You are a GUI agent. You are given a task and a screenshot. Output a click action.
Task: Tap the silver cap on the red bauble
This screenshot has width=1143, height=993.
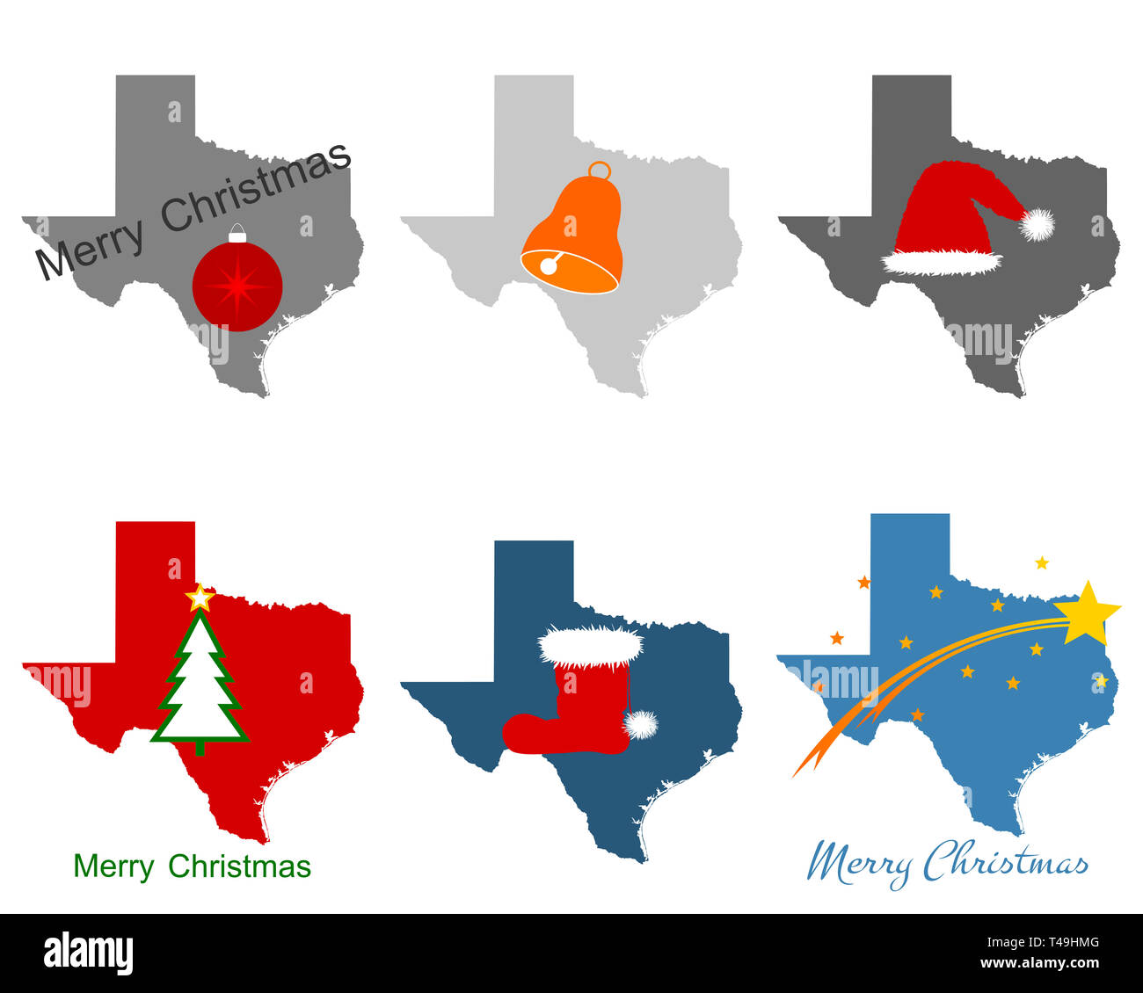click(x=237, y=235)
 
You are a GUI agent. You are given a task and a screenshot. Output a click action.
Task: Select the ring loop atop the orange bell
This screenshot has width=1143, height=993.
click(x=600, y=170)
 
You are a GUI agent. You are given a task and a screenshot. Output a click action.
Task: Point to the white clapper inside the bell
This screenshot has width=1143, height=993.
click(x=549, y=265)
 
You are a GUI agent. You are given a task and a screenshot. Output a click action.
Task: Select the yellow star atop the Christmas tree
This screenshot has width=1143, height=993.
click(x=200, y=598)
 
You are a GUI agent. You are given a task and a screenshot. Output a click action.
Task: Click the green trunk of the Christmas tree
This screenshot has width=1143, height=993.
click(x=200, y=748)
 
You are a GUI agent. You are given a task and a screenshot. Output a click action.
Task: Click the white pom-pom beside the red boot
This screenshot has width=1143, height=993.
click(x=641, y=724)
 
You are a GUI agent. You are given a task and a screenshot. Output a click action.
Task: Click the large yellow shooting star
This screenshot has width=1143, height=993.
click(x=1087, y=612)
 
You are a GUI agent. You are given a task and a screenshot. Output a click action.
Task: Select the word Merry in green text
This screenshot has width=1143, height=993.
click(x=113, y=866)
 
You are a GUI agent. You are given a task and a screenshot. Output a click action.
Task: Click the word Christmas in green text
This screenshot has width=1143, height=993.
click(x=239, y=866)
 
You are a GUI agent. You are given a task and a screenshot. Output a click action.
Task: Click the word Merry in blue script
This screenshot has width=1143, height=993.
click(x=858, y=865)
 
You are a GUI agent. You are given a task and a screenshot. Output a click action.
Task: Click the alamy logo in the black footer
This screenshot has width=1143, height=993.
click(x=89, y=954)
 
